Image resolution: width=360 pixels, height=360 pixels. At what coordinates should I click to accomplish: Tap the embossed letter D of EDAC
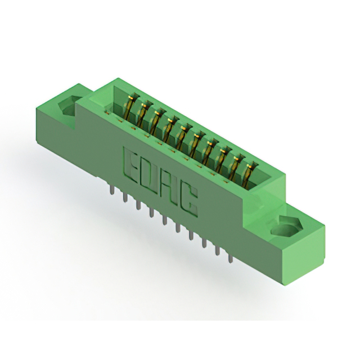(148, 173)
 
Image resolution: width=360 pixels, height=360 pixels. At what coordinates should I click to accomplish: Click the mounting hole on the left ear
(67, 106)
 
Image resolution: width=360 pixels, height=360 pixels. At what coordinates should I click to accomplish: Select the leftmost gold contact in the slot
(130, 106)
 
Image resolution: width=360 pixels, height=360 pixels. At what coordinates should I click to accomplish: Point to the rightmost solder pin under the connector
(230, 257)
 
